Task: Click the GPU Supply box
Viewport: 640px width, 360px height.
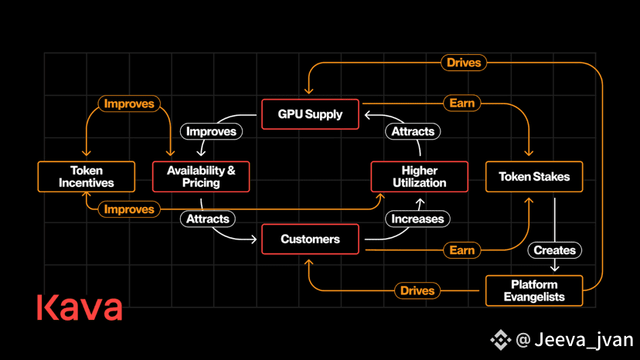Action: coord(310,114)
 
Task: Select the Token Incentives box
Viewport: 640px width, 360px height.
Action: coord(86,176)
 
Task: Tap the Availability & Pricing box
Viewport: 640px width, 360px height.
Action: coord(201,176)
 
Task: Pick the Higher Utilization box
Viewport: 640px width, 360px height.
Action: coord(419,176)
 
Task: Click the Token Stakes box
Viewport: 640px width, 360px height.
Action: coord(534,176)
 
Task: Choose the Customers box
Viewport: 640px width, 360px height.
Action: coord(310,239)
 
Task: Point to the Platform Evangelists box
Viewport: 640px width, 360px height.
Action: coord(534,290)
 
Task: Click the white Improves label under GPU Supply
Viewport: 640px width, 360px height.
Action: coord(212,131)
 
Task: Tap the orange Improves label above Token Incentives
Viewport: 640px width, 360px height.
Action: coord(129,104)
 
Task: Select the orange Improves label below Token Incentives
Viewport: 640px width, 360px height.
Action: coord(129,209)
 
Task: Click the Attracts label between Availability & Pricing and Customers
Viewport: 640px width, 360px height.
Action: coord(208,219)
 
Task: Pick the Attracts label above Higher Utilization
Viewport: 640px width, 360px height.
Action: coord(413,131)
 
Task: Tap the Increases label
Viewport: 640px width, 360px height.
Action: coord(417,219)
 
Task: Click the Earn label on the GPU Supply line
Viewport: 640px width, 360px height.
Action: coord(462,103)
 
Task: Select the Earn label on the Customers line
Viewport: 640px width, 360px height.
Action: coord(462,250)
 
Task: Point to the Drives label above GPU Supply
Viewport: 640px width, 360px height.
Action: coord(464,63)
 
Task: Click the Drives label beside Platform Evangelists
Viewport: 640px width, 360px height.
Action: coord(417,290)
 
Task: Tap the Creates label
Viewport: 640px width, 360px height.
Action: coord(555,250)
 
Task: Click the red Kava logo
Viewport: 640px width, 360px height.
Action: coord(80,307)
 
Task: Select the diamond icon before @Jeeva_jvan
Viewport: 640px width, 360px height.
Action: coord(500,339)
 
